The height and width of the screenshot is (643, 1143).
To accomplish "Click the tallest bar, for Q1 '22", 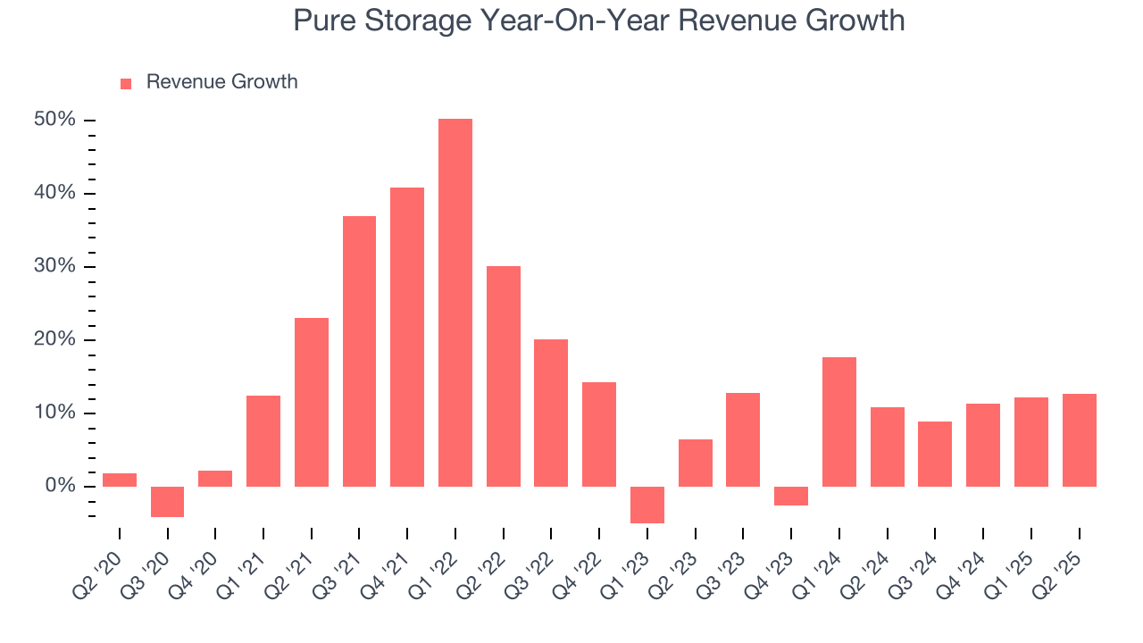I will (455, 303).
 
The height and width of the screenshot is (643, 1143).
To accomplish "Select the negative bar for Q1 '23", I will (647, 505).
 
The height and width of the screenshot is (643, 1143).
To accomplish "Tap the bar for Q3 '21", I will (359, 351).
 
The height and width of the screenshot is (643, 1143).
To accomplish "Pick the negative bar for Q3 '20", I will (167, 501).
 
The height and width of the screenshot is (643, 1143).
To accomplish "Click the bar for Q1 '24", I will (839, 422).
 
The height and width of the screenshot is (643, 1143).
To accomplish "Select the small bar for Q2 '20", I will (120, 480).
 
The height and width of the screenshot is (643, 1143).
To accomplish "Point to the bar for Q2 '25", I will (1079, 440).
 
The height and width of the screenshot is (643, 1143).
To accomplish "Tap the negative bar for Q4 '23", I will (791, 496).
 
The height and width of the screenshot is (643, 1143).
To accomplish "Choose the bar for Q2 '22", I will (504, 376).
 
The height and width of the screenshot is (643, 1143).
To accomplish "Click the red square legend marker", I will (126, 83).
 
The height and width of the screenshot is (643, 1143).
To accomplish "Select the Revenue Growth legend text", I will (221, 82).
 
